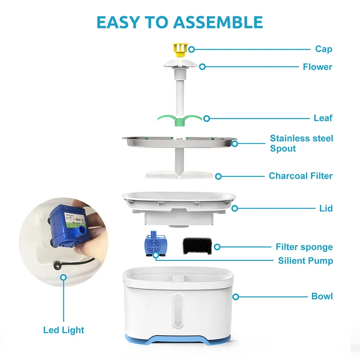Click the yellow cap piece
coord(179,49)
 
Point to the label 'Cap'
coord(324,49)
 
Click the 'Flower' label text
coord(317,67)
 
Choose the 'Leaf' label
coord(323,118)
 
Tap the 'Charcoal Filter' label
coord(301,175)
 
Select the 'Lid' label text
coord(326,208)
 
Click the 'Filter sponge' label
coord(304,247)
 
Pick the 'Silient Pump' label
coord(305,261)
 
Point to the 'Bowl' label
coord(322,296)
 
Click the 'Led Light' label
coord(63,330)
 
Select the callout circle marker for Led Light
coord(63,278)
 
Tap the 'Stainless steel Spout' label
coord(301,143)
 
